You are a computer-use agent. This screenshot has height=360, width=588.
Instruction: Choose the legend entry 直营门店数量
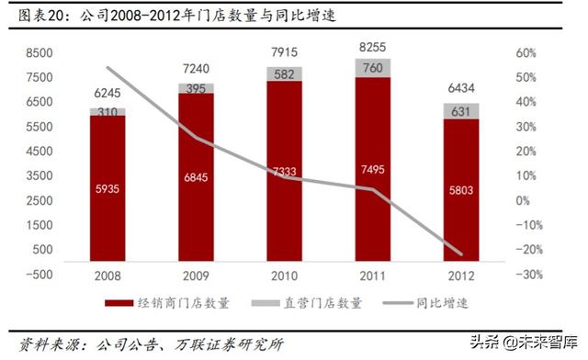coord(315,302)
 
